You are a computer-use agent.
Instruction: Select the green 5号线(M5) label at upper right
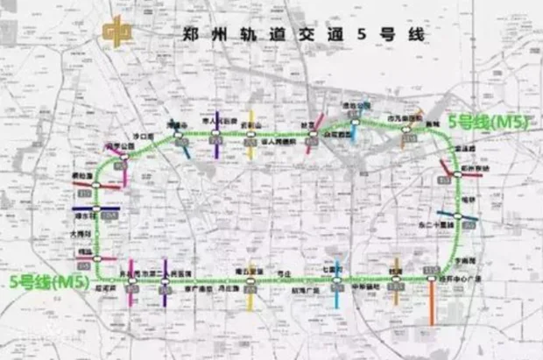(488, 122)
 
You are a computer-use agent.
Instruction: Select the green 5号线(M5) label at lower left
(49, 282)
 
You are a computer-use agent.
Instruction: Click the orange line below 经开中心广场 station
(432, 302)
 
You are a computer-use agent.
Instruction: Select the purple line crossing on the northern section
(216, 136)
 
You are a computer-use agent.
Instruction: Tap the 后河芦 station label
(107, 286)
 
